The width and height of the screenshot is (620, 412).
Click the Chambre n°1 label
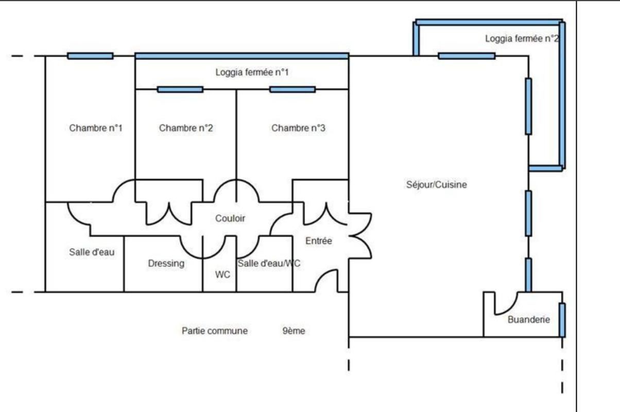pos(96,128)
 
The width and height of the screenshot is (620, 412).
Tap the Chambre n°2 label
pos(186,128)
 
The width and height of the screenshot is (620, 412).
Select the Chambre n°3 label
pos(298,128)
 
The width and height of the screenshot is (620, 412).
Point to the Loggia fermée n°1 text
pos(252,73)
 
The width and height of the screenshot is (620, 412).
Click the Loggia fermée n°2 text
pos(522,39)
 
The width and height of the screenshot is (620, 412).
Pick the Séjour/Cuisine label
pos(437,184)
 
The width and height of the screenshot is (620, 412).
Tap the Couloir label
pos(230,218)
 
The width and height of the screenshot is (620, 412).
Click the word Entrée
pos(319,241)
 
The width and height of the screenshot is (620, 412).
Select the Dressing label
pos(166,263)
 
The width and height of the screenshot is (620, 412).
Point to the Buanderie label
pos(529,319)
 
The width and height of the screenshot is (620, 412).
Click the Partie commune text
pos(215,331)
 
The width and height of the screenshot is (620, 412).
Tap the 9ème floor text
pos(294,331)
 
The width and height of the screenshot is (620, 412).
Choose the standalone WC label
pos(222,274)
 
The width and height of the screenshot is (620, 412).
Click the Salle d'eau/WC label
pos(269,263)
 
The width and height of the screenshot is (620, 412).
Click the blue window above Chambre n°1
pos(90,56)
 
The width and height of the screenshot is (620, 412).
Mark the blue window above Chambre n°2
pos(180,90)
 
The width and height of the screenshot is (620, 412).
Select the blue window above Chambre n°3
pos(292,90)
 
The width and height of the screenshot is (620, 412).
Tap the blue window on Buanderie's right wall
pos(562,319)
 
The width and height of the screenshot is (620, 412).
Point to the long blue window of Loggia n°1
pos(242,56)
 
